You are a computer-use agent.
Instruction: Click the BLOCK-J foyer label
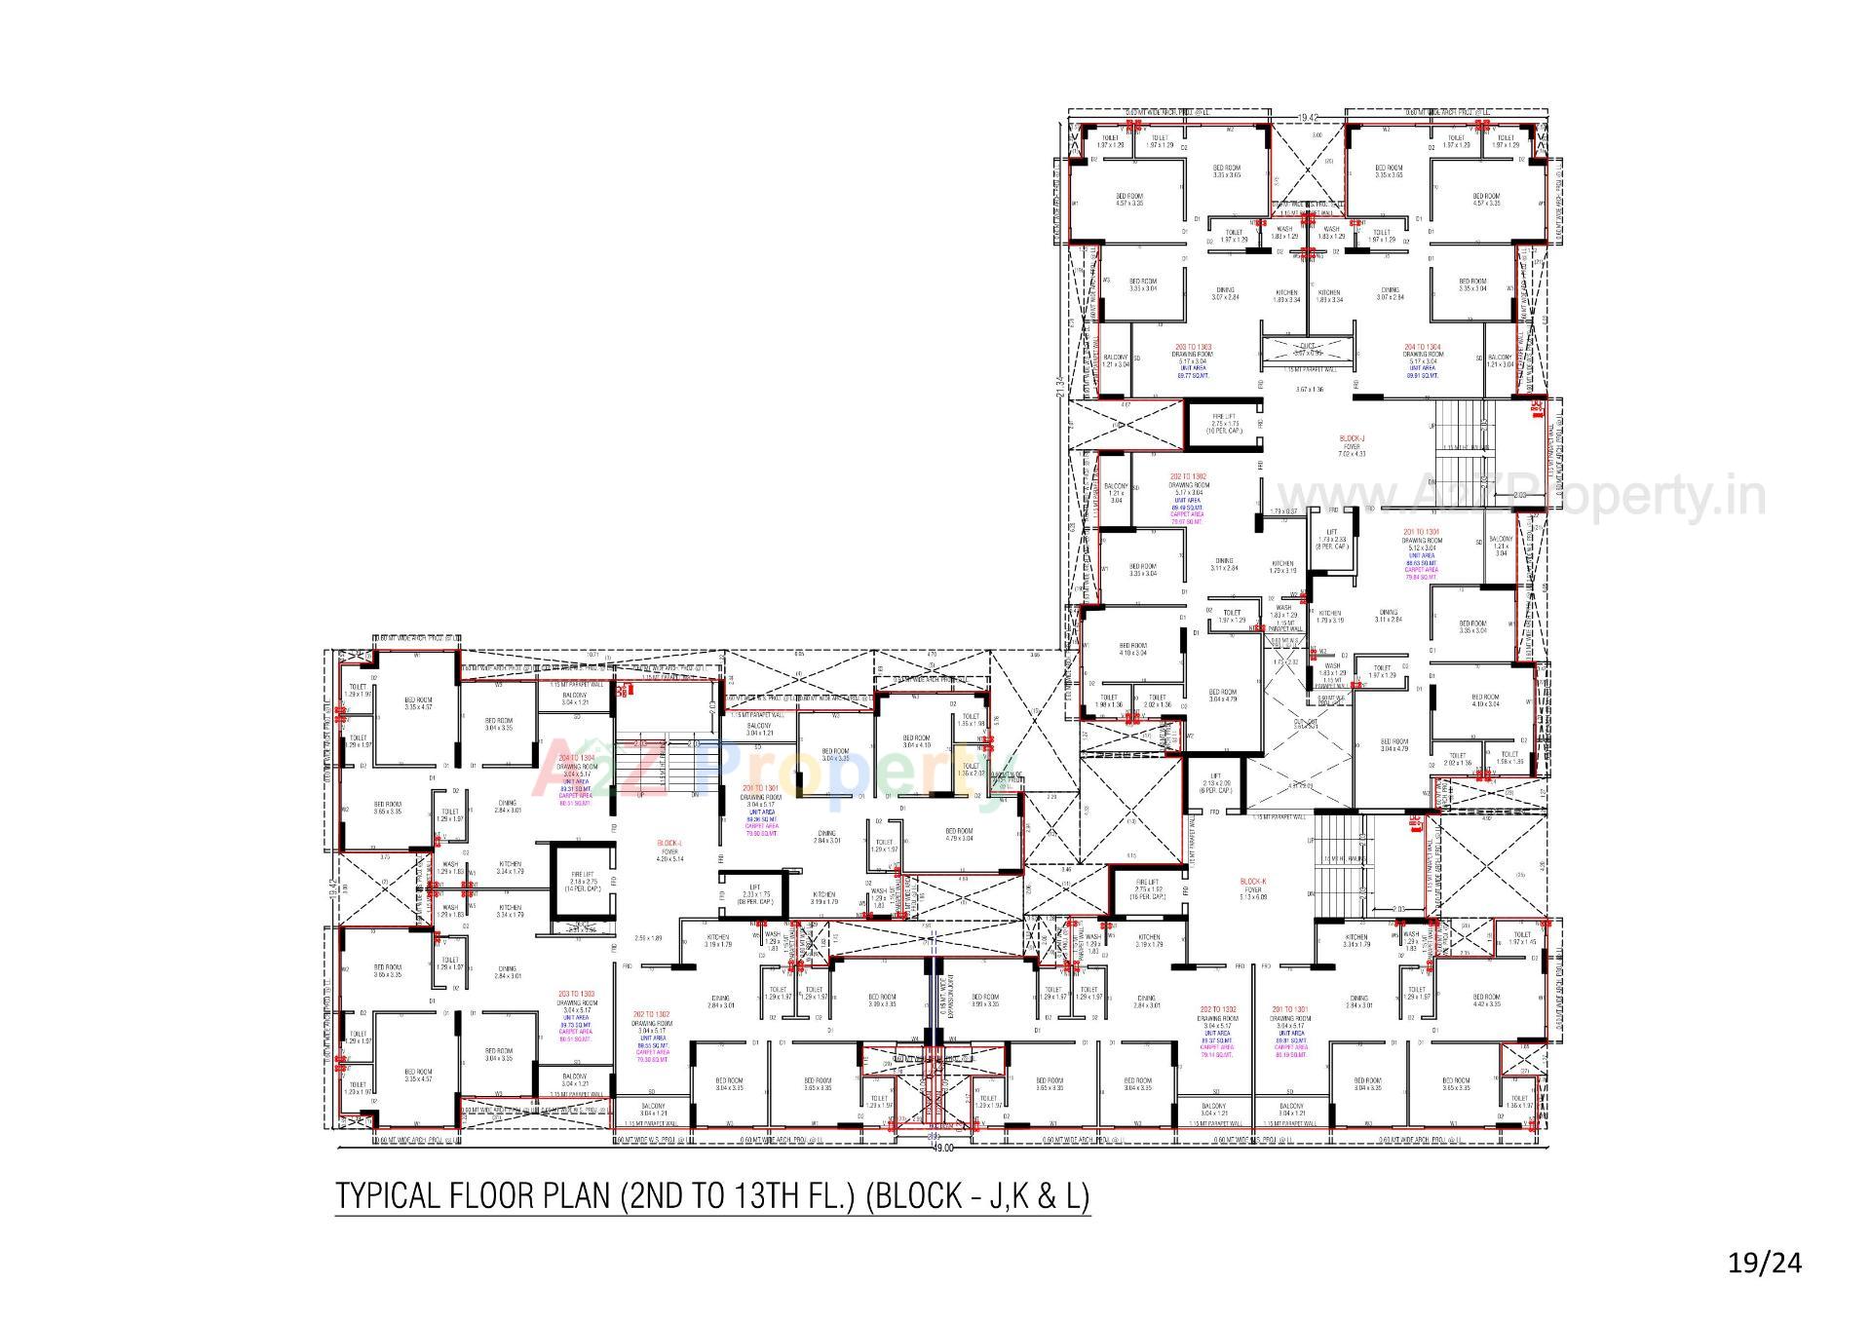(1352, 439)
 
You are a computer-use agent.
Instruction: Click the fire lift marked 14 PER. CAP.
(583, 882)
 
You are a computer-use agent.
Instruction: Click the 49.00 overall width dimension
(942, 1149)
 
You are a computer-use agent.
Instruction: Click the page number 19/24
(1765, 1264)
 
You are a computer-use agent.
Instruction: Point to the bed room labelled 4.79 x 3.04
(959, 835)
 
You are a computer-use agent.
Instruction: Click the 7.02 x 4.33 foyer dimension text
(1352, 453)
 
